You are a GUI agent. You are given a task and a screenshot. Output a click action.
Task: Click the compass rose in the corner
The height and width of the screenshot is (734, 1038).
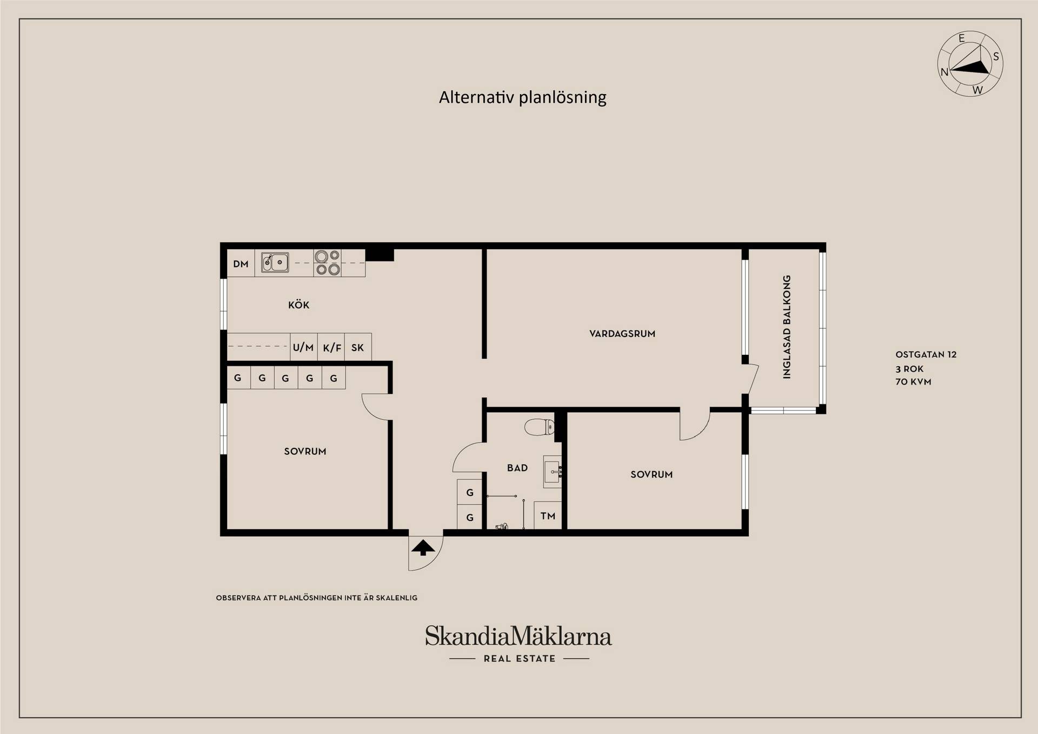point(970,64)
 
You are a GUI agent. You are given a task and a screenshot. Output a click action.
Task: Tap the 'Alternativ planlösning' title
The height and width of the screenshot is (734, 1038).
point(522,97)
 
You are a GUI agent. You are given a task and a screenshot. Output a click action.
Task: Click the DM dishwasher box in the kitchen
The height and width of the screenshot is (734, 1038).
point(241,263)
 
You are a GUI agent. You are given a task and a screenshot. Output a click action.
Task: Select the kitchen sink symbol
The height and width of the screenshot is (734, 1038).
point(275,262)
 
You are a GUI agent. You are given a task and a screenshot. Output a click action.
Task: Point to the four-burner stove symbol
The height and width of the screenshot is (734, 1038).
point(328,263)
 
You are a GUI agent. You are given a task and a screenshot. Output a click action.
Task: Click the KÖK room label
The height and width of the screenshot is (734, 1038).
point(298,305)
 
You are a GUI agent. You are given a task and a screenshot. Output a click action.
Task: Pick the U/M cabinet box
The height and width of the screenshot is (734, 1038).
point(303,347)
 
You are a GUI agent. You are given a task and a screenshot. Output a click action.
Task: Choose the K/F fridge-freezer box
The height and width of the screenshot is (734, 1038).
point(331,347)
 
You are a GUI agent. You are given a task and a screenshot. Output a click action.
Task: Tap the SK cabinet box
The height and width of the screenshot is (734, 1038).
point(358,347)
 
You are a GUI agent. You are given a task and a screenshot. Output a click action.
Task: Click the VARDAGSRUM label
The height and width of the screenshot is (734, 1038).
point(622,334)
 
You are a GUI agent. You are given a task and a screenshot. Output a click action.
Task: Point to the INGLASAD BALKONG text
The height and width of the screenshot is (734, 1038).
point(787,327)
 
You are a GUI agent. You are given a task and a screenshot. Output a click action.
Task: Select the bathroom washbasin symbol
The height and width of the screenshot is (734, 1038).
point(553,472)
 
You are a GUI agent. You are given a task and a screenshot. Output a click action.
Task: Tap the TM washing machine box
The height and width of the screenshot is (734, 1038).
point(548,515)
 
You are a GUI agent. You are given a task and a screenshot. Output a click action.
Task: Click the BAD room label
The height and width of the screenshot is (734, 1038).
point(517,468)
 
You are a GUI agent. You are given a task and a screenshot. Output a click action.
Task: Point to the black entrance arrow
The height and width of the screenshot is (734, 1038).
point(423,547)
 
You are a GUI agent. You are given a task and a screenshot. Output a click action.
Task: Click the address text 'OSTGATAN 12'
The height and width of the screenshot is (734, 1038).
point(926,355)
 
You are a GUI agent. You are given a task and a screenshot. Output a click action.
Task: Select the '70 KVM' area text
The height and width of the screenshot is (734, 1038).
point(913,381)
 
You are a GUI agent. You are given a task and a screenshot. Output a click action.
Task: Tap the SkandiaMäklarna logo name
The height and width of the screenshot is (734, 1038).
point(518,636)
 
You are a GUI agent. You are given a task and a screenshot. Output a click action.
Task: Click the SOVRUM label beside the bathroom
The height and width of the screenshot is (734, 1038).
point(651,474)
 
